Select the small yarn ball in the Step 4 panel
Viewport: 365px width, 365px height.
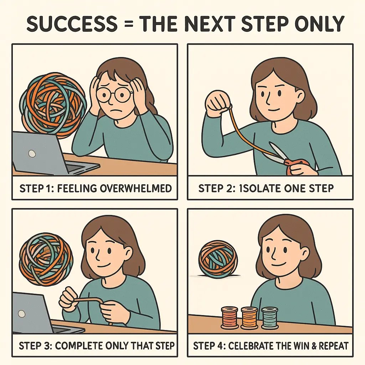[214, 259]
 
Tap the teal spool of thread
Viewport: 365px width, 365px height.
[269, 318]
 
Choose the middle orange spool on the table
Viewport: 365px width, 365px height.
[249, 318]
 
